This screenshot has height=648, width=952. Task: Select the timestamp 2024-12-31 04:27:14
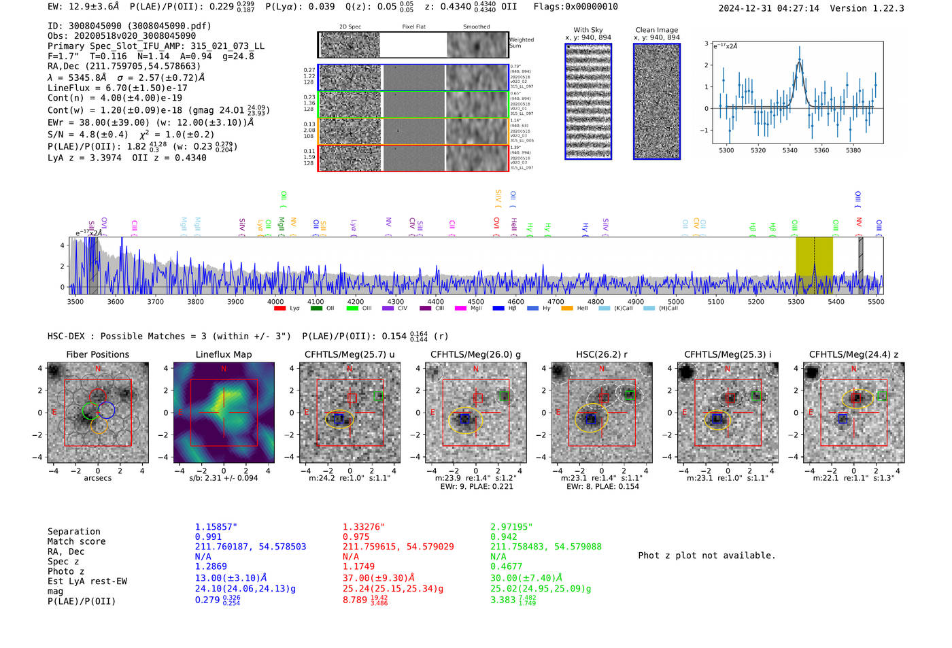tap(768, 8)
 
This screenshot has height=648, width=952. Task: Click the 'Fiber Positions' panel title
tap(97, 354)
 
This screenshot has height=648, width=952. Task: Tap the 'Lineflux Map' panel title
tap(223, 354)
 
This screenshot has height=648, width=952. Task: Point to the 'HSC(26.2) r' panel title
tap(601, 354)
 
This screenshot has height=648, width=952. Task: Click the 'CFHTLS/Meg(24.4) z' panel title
tap(853, 354)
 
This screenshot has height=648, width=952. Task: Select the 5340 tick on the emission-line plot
tap(789, 150)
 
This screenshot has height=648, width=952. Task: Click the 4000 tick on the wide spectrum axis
tap(275, 302)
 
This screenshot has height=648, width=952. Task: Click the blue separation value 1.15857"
tap(216, 527)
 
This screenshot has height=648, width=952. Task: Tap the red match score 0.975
tap(356, 537)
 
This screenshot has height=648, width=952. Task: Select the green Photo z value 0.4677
tap(506, 566)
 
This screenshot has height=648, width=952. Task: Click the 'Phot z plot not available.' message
tap(707, 556)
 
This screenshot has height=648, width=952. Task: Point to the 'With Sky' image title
tap(588, 30)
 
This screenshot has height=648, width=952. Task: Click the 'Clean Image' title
tap(656, 30)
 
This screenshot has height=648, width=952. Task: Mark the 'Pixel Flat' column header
tap(413, 27)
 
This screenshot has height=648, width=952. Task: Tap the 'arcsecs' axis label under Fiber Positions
tap(97, 478)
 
